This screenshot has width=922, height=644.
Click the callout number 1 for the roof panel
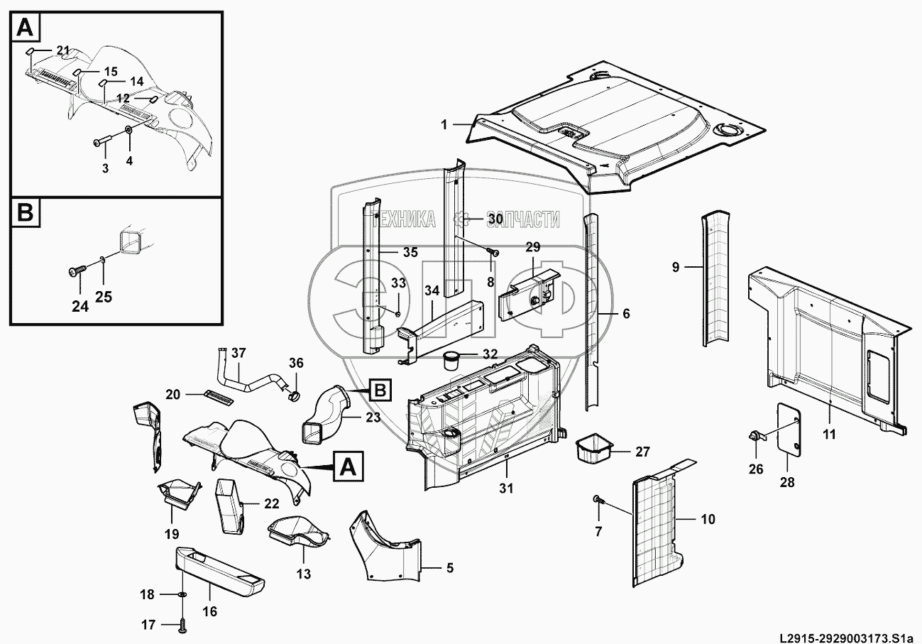tap(444, 124)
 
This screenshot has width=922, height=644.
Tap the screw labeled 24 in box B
tap(77, 271)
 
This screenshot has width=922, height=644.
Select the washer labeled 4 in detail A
tap(129, 130)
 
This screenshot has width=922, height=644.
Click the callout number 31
tap(506, 489)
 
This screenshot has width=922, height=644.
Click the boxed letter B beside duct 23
tap(380, 390)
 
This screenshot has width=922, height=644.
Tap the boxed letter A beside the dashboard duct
tap(349, 466)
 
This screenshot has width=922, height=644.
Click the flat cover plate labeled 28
tap(789, 430)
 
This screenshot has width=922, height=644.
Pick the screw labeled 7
tap(598, 500)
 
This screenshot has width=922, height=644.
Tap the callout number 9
tap(676, 267)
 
